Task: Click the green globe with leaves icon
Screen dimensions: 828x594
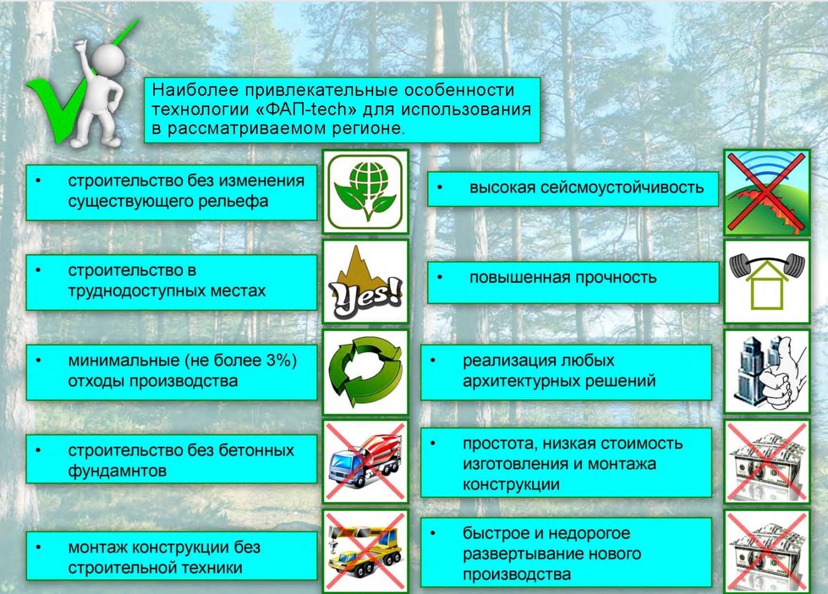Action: (365, 191)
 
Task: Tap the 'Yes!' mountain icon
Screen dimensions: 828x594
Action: (365, 281)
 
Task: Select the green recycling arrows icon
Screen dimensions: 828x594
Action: (365, 372)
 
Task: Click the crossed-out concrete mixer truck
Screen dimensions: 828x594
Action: (365, 462)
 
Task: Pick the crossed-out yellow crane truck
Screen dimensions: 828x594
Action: (365, 551)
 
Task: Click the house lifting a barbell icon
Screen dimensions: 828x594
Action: (767, 281)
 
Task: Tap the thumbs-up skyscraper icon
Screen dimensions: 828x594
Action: (767, 372)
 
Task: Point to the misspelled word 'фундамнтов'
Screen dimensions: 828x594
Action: (117, 471)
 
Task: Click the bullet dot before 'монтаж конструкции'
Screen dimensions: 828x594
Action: (38, 547)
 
